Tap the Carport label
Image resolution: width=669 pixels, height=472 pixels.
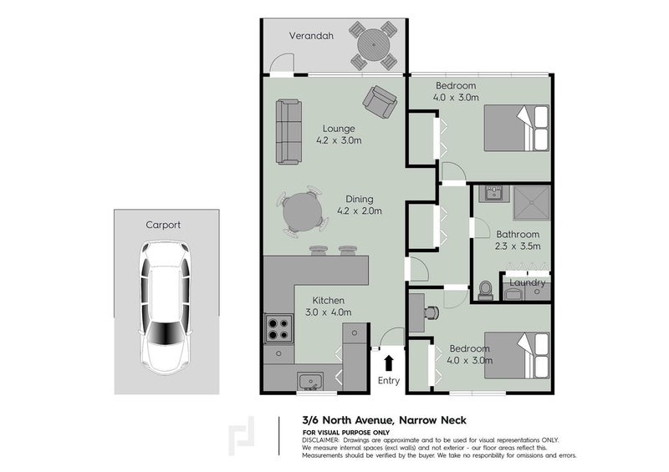click(x=163, y=225)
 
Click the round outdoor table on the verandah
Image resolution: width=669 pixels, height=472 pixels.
click(x=374, y=45)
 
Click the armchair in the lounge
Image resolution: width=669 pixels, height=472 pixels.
click(x=379, y=104)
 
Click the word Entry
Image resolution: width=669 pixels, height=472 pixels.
click(x=389, y=381)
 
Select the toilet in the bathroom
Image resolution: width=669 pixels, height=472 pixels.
click(x=485, y=289)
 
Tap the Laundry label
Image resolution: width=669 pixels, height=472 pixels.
click(x=528, y=283)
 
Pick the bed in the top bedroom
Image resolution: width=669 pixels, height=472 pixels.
click(x=517, y=127)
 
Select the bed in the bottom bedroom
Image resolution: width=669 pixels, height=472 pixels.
click(x=517, y=355)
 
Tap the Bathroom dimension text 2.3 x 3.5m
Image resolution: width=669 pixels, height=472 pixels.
click(x=518, y=246)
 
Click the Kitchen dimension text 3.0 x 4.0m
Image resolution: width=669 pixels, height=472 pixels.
click(x=328, y=312)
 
